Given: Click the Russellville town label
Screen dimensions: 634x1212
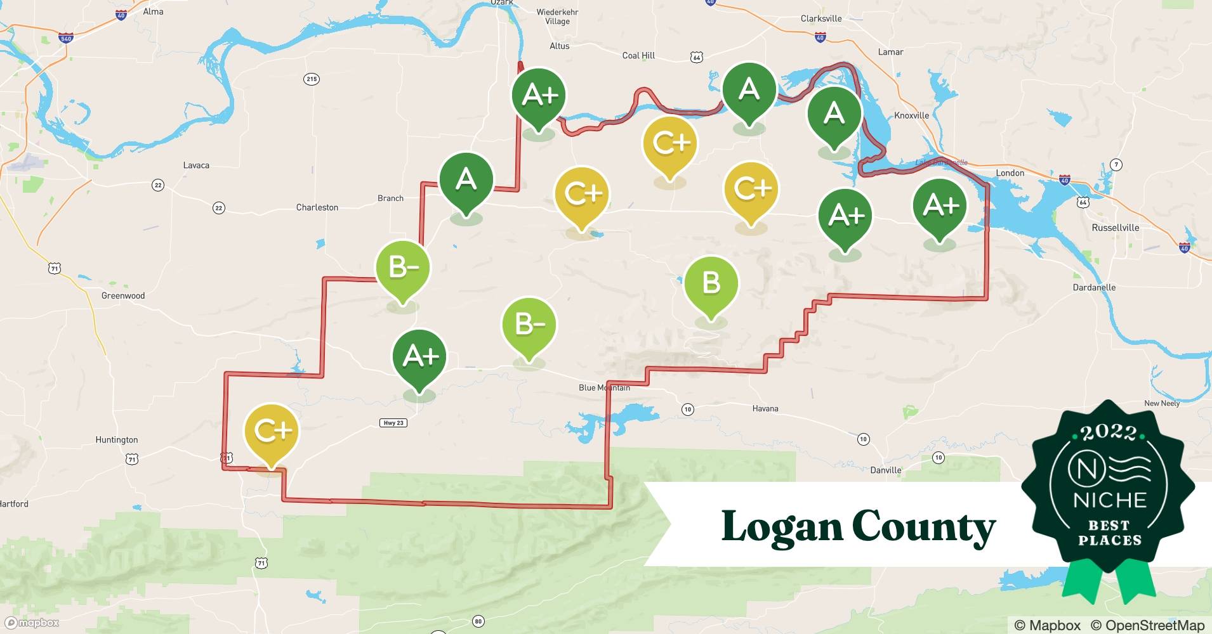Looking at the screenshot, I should tap(1115, 228).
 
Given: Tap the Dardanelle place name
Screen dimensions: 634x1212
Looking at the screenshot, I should tap(1094, 287).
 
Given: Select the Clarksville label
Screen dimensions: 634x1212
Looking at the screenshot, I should tap(821, 18).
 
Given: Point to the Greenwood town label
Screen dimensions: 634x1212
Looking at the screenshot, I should tap(123, 295).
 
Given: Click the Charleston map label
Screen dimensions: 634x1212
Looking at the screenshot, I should tap(317, 207).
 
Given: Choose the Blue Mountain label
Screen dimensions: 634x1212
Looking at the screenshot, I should tap(604, 387).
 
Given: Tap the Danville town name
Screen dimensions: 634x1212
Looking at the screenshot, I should tap(885, 470).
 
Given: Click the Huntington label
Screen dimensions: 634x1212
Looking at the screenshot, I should tap(117, 439).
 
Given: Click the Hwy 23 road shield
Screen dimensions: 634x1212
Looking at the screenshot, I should tap(393, 423).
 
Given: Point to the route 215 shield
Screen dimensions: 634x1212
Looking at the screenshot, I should tap(311, 79).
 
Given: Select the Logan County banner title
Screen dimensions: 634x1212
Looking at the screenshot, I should tap(858, 526).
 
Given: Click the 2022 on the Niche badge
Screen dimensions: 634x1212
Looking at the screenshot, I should tap(1109, 433).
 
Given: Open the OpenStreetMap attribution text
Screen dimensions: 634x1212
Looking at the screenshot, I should tap(1147, 625).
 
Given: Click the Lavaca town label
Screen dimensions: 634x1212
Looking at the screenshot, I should tap(196, 165).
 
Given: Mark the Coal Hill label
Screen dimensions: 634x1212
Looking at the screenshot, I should tap(638, 56).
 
